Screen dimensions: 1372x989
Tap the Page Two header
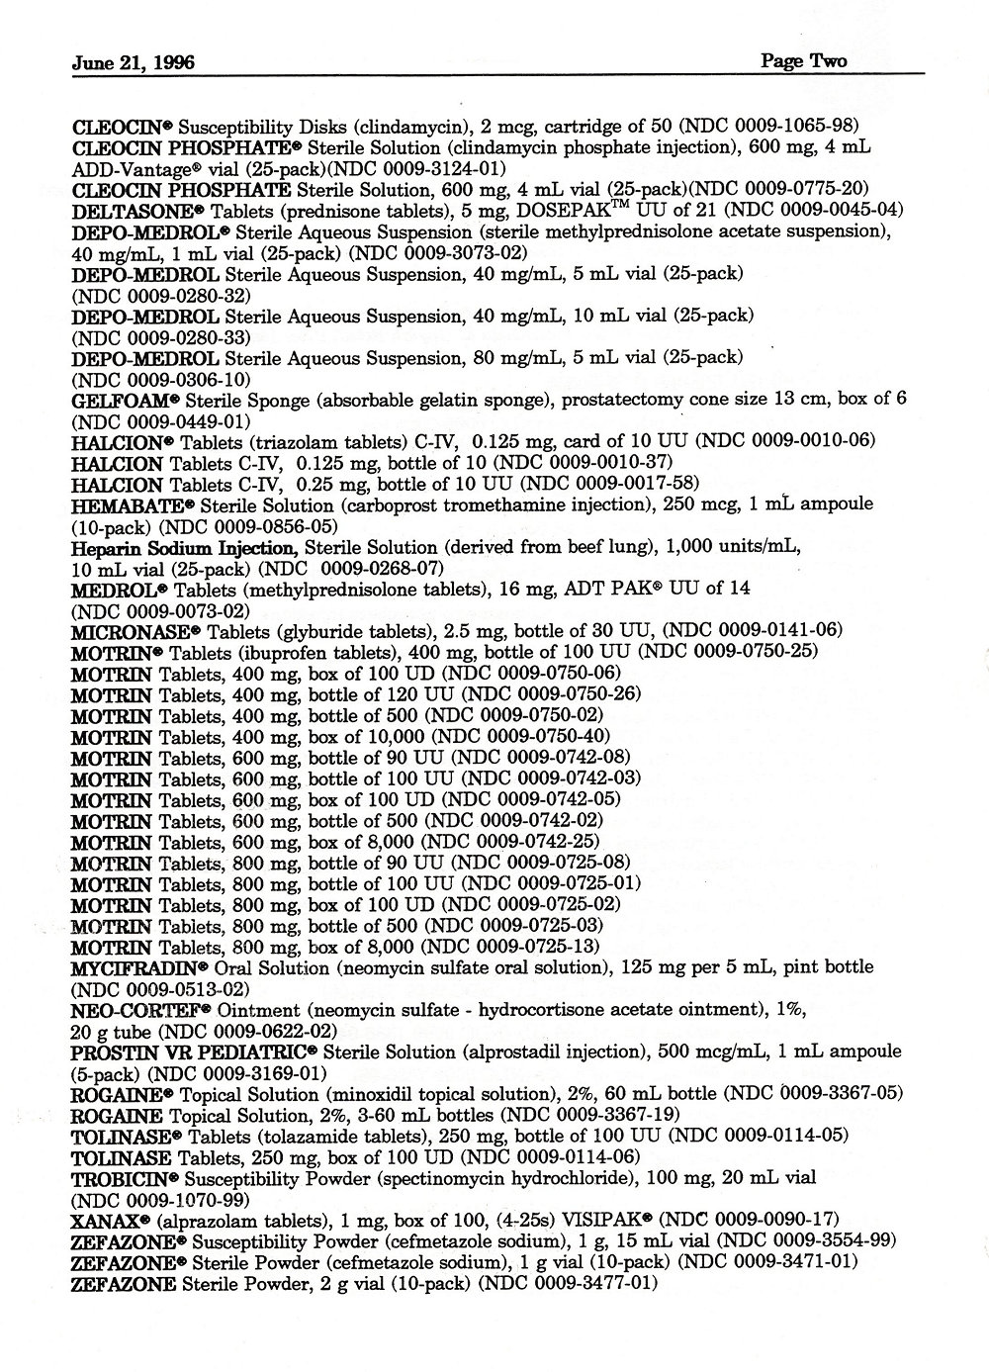point(803,61)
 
